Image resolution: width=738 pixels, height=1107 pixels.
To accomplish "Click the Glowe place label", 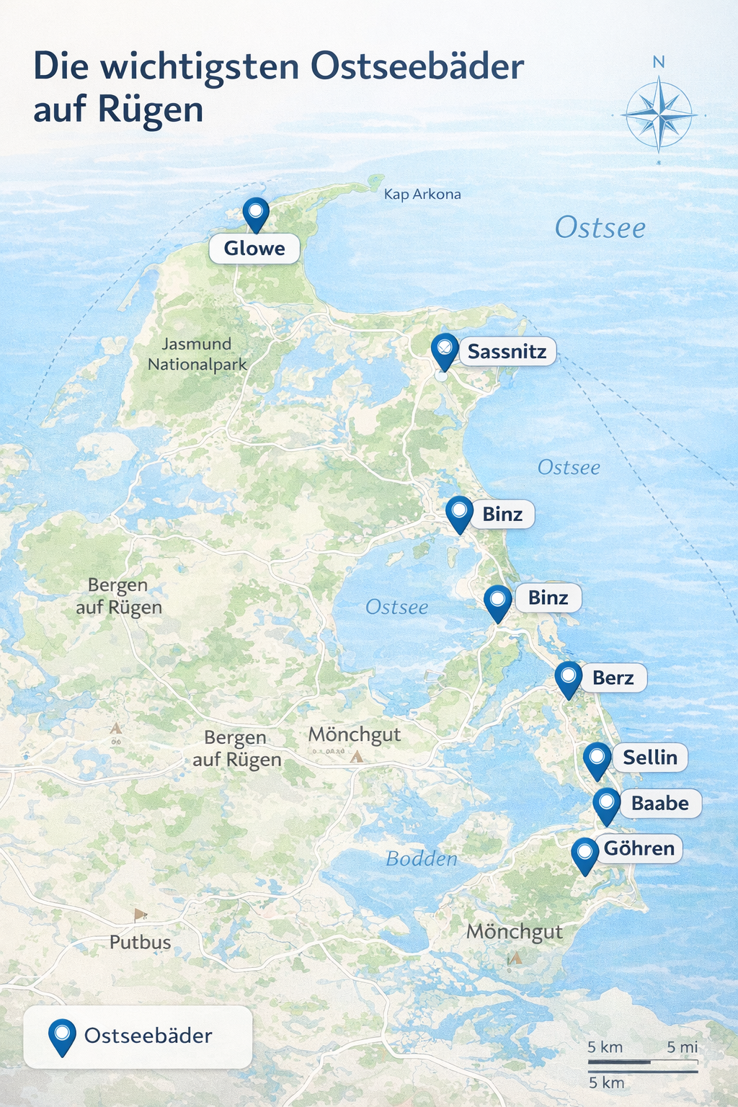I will (x=254, y=249).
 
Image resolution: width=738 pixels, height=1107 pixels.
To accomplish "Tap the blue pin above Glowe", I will (x=255, y=213).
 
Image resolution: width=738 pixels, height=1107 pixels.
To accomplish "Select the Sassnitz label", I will (x=507, y=352).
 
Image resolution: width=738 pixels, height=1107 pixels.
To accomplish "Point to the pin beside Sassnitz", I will (x=445, y=350).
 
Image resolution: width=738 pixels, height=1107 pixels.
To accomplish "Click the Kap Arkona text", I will (x=422, y=194).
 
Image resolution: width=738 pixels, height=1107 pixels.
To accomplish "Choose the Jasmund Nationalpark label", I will (x=197, y=354).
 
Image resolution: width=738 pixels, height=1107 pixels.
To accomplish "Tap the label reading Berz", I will (x=613, y=677).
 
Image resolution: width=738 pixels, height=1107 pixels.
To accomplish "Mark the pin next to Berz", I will (x=569, y=678).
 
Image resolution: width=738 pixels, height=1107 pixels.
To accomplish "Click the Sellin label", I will (x=649, y=757).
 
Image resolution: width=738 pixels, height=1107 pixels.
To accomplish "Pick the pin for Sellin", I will (x=597, y=760).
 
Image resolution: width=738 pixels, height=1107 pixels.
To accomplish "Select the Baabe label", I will (x=659, y=803).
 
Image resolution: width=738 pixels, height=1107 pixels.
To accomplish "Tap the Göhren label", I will (x=639, y=848).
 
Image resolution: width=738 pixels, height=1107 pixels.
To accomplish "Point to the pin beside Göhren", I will (x=584, y=855).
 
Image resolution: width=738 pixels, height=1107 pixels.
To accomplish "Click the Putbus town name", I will (x=141, y=942).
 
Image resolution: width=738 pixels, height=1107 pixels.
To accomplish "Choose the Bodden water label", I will (x=422, y=858).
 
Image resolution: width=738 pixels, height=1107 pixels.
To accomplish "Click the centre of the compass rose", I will (x=659, y=115).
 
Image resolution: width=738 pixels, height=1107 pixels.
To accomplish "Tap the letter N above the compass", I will (x=658, y=63).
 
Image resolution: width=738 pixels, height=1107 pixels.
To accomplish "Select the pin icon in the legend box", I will (x=62, y=1036).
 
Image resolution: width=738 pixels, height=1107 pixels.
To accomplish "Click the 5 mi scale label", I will (x=682, y=1047).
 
